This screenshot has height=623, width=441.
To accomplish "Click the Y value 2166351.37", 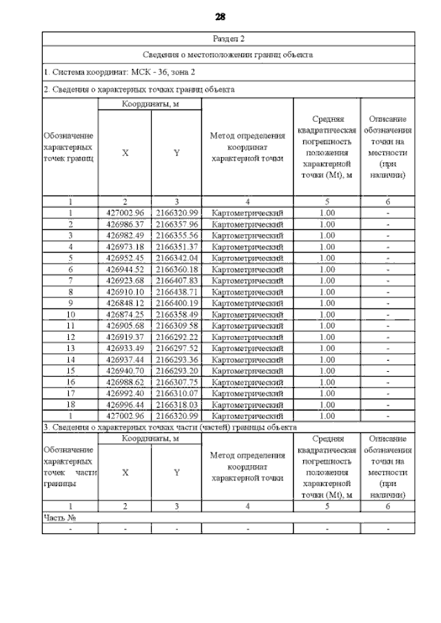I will coord(177,246).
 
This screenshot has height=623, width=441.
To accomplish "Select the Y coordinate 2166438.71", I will coord(177,292).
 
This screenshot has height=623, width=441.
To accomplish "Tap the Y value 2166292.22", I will coord(177,337).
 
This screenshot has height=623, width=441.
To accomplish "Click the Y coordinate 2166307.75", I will coord(177,382).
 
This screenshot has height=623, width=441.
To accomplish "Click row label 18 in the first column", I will coord(70,405).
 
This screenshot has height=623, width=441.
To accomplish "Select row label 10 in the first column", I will coord(70,315).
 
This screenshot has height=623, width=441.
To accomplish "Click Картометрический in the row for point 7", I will coord(247,281).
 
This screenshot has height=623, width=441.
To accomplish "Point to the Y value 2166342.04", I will coord(177,258).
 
